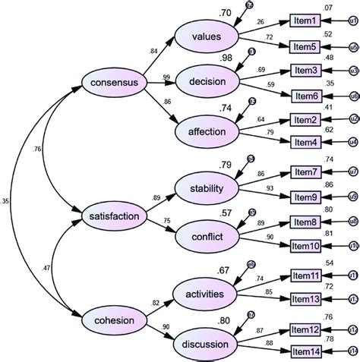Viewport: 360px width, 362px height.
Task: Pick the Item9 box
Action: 307,197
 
